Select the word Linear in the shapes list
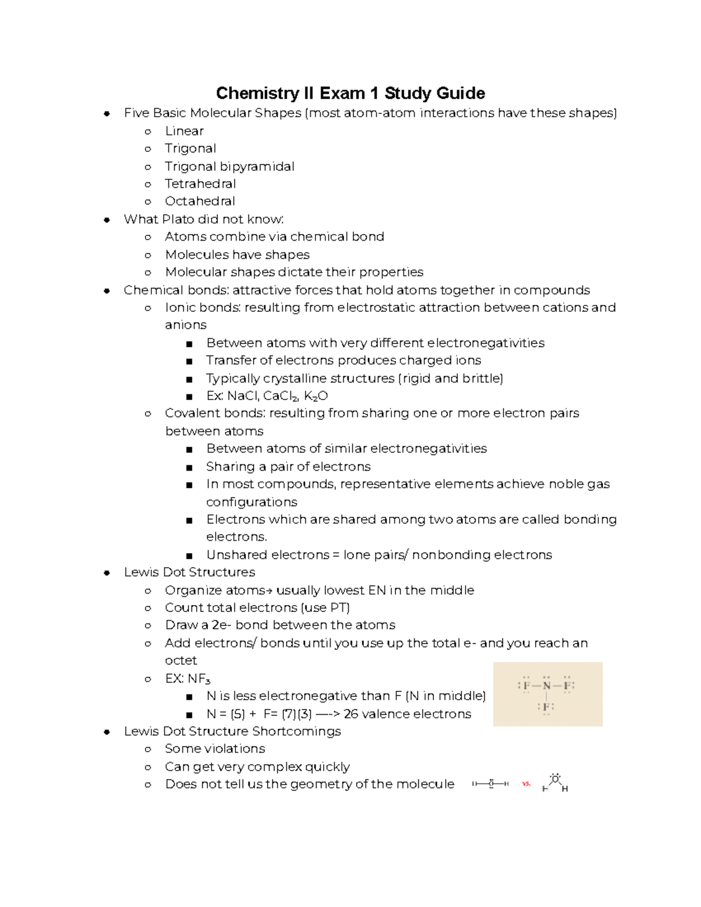pos(184,131)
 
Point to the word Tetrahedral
pos(200,184)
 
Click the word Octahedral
pos(200,201)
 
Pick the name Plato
pos(178,220)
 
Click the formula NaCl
pos(242,396)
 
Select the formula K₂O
pos(316,397)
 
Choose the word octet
pos(181,661)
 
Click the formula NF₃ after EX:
pos(199,679)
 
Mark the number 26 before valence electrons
pos(350,714)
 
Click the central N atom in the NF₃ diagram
pos(546,686)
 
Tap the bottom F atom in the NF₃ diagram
pos(546,707)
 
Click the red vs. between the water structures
pos(526,784)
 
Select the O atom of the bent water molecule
pos(555,779)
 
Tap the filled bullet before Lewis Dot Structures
pos(107,573)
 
